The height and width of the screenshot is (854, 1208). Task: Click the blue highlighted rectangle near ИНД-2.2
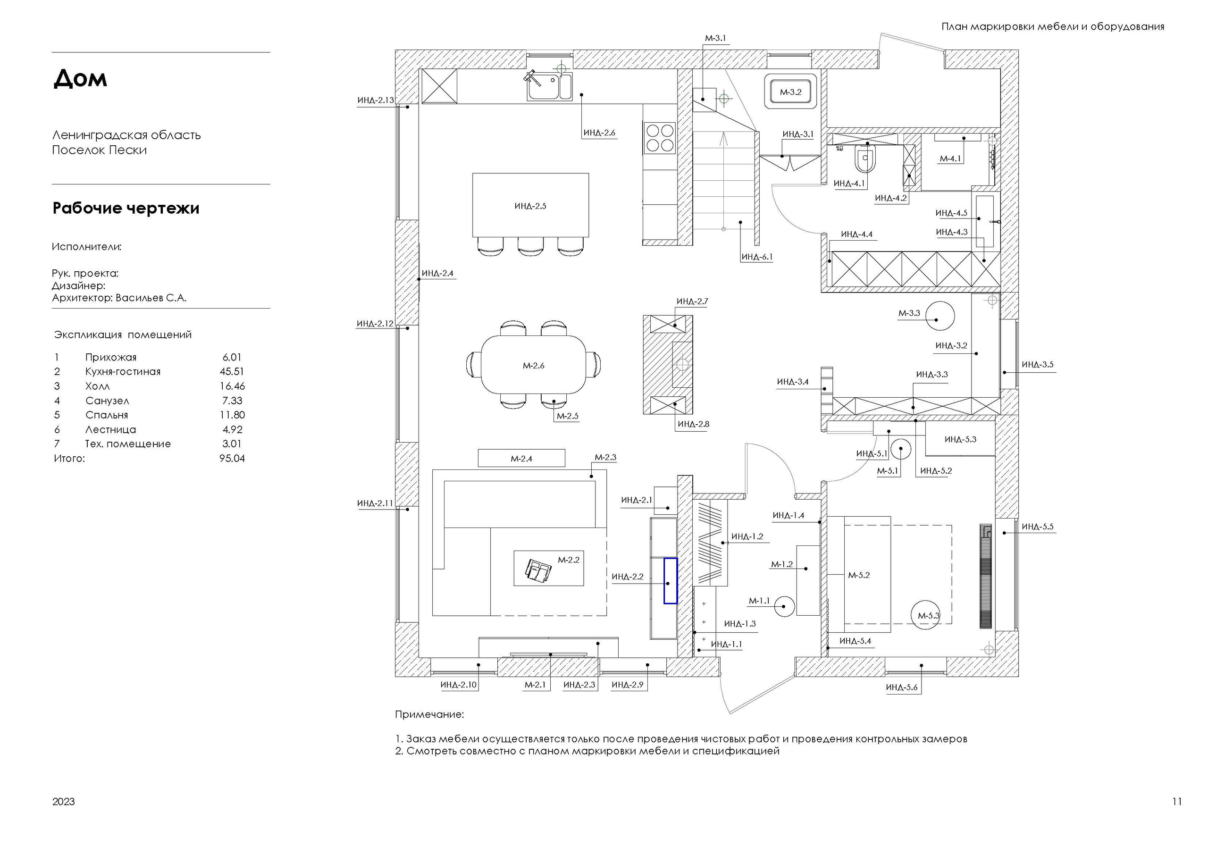tap(670, 580)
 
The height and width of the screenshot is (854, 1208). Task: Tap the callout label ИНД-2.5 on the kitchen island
tap(530, 206)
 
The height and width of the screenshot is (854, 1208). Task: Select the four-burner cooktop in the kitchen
tap(660, 137)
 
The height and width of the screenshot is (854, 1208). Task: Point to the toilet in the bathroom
tap(864, 158)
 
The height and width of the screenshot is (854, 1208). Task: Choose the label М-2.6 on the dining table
tap(533, 366)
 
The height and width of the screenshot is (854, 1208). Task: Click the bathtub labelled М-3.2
tap(791, 92)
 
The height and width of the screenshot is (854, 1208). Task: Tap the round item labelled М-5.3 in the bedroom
tap(928, 615)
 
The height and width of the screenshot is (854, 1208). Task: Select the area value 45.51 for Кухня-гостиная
tap(232, 371)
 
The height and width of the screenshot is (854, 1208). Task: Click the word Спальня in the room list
tap(107, 415)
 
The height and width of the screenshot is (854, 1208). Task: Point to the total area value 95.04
tap(232, 458)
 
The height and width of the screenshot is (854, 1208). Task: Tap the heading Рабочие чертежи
tap(126, 209)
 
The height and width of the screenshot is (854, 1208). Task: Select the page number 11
tap(1177, 801)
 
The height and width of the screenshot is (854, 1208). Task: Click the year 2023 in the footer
tap(63, 801)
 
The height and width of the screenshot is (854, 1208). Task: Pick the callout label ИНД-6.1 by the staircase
tap(757, 257)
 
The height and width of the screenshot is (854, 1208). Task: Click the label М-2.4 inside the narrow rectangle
tap(521, 459)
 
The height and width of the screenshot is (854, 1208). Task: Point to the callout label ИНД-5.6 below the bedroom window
tap(901, 687)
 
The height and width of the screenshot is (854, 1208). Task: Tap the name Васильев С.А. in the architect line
tap(151, 298)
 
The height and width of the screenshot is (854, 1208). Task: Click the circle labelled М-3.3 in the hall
tap(940, 316)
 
